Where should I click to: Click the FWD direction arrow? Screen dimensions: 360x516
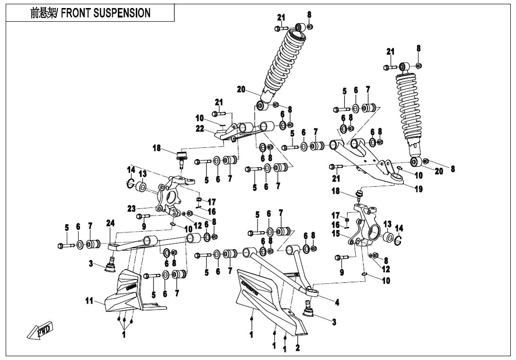pos(42,330)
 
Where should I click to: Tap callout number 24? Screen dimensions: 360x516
pos(110,223)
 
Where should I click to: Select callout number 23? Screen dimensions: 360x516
pos(132,208)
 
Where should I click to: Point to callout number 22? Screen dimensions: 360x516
pos(199,128)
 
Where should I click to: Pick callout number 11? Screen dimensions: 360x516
pos(89,300)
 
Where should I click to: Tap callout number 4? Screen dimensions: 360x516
pos(337,302)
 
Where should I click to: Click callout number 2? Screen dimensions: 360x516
pos(297,348)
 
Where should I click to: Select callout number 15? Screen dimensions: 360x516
pos(336,234)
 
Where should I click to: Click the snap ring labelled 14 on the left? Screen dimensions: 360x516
pos(130,183)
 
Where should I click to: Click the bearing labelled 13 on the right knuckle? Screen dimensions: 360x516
pos(389,237)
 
